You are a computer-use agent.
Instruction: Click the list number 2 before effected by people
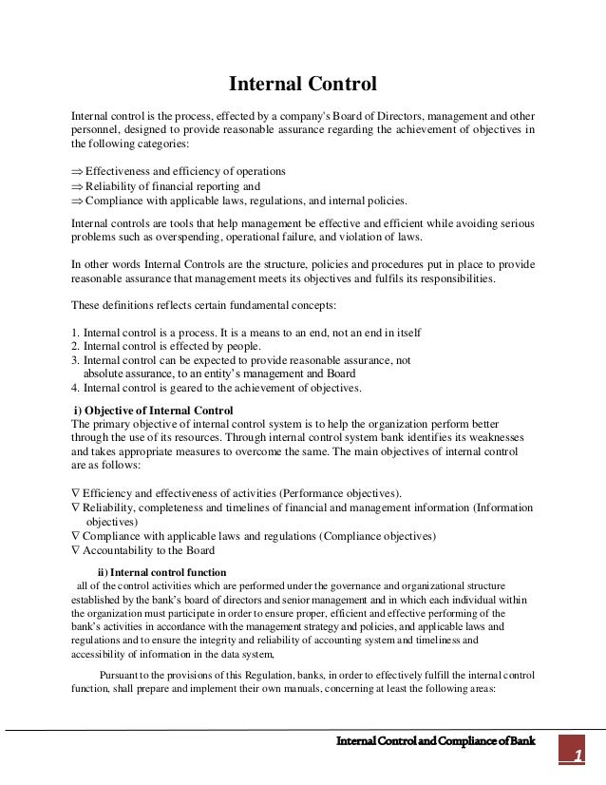75,347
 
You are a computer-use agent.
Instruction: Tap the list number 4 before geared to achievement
75,388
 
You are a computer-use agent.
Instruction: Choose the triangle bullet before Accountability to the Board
75,550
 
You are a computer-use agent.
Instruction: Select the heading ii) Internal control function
162,572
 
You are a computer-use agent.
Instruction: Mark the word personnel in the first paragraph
96,129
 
